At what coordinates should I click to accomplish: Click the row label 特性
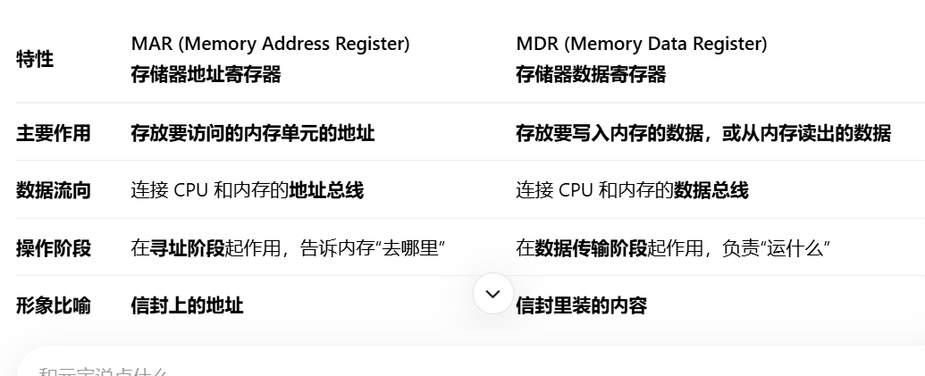(35, 60)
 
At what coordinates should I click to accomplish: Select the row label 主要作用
(54, 133)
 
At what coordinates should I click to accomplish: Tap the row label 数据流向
(54, 190)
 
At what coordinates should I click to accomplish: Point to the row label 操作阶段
(54, 248)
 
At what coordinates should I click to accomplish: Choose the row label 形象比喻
(54, 305)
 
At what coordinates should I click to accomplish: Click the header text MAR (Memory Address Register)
(270, 44)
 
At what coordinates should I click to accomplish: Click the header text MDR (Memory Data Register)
(641, 44)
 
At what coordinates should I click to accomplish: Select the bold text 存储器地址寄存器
(206, 75)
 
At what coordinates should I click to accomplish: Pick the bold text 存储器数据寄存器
(591, 75)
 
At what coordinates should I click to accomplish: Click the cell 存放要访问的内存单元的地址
(253, 133)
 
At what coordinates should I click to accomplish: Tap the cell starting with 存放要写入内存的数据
(702, 133)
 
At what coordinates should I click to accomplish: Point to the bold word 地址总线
(326, 190)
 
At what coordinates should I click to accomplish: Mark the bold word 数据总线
(711, 190)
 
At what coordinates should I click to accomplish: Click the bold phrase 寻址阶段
(187, 248)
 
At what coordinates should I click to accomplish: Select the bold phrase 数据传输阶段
(591, 248)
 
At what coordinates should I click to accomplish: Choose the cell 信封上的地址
(187, 305)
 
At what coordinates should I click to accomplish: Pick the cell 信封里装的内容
(581, 305)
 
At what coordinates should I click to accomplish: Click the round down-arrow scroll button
(492, 294)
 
